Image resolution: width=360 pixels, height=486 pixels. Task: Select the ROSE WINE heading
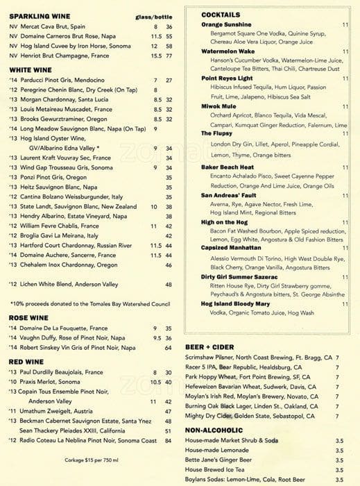(28, 318)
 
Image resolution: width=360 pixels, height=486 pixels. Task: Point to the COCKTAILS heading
(221, 15)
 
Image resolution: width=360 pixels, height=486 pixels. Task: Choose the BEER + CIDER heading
(209, 346)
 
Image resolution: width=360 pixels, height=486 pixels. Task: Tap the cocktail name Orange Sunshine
(226, 24)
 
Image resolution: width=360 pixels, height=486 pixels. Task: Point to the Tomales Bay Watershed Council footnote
(91, 303)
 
